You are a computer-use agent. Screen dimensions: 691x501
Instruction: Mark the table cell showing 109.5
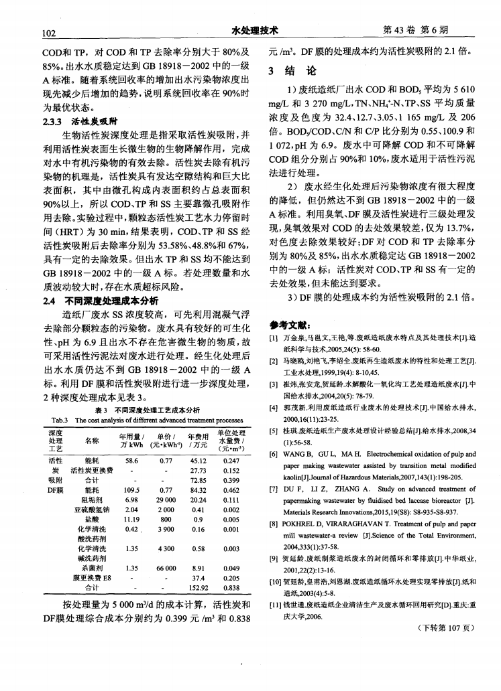131,489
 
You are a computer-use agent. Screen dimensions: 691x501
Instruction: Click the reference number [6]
274,454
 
